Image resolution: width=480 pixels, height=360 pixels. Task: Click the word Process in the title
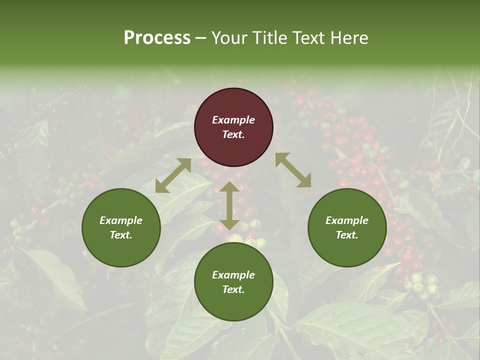coord(157,38)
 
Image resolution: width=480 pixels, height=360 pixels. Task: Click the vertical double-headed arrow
coord(229,206)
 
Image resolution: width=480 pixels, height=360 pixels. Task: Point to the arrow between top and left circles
coord(173,175)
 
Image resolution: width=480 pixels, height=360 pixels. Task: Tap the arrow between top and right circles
coord(293,170)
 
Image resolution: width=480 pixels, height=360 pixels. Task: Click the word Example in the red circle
coord(233,120)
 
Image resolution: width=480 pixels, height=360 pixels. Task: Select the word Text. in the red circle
coord(233,134)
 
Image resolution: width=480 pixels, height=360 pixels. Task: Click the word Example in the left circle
coord(121,220)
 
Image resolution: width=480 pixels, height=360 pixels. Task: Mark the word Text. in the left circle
coord(121,235)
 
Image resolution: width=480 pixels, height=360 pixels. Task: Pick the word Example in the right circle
coord(347,220)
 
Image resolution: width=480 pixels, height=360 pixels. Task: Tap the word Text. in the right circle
coord(347,235)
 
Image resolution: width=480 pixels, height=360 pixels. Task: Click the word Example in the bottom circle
coord(233,275)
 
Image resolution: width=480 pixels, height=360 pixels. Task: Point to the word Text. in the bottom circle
coord(233,289)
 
